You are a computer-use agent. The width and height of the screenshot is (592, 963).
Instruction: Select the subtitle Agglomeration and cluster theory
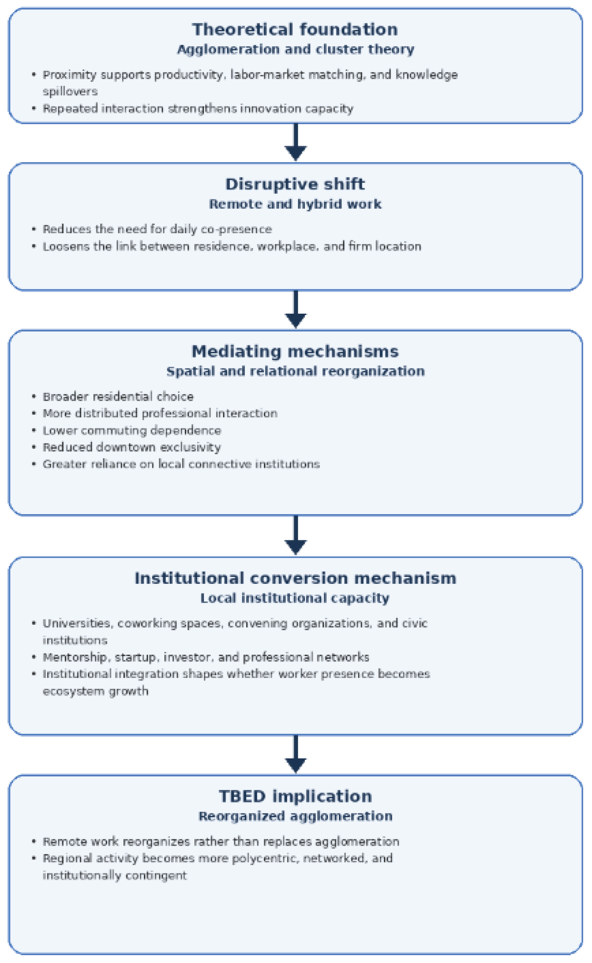click(296, 50)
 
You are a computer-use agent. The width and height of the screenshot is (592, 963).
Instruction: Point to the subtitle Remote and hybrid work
click(295, 204)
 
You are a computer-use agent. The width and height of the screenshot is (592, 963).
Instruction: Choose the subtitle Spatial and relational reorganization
click(296, 371)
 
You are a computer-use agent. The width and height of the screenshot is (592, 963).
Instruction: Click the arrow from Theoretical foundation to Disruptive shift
click(296, 142)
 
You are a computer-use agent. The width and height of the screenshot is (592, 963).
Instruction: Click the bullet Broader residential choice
click(118, 397)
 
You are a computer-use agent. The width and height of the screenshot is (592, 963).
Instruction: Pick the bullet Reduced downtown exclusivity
click(131, 447)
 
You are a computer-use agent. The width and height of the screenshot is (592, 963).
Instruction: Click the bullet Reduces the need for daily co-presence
click(157, 229)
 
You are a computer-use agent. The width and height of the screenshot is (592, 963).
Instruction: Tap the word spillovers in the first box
click(70, 92)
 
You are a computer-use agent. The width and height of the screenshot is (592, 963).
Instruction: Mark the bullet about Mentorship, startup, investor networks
click(205, 657)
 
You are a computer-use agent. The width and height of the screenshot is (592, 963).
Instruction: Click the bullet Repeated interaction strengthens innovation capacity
click(198, 109)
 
